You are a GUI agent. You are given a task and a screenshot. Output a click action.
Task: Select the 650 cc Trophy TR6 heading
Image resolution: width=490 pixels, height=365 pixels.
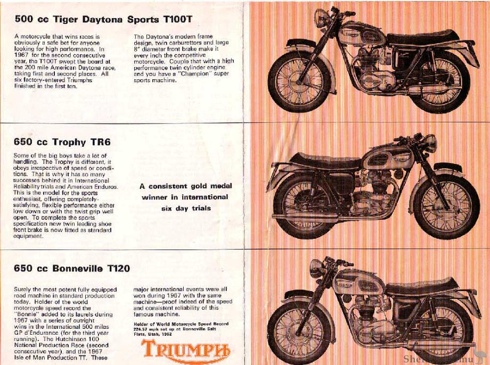62,142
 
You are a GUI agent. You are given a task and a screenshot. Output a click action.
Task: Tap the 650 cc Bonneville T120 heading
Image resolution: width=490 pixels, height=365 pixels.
72,268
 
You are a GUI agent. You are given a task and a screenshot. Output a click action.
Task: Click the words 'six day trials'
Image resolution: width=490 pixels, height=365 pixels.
186,208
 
